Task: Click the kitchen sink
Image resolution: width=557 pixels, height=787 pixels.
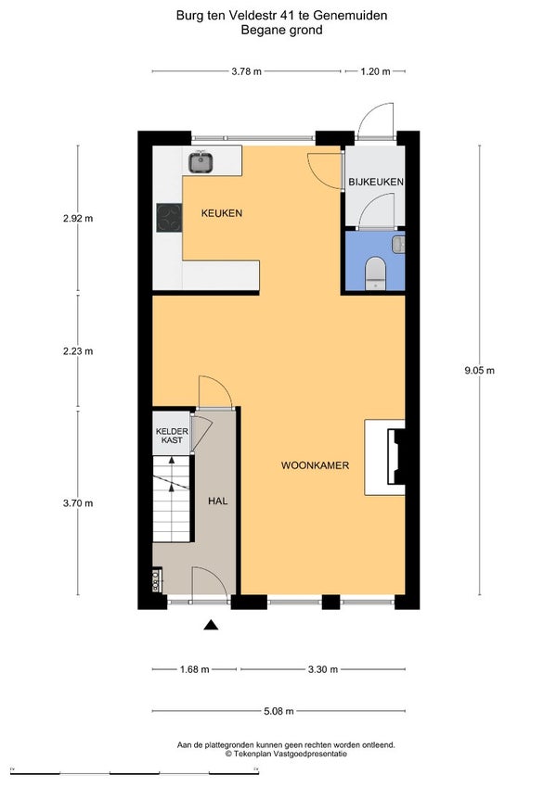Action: pos(201,161)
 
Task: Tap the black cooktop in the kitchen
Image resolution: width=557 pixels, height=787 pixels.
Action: pos(169,217)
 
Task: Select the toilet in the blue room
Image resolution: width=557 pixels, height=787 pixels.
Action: pos(374,273)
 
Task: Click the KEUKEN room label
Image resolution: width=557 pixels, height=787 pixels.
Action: pos(222,213)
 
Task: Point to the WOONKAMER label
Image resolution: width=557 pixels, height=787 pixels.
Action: pos(315,465)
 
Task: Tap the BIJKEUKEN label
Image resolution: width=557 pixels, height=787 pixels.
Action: pos(376,182)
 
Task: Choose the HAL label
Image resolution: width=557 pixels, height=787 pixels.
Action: pos(217,501)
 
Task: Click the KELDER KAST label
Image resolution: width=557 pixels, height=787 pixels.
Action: pos(172,436)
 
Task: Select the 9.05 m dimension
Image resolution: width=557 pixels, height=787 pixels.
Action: pos(480,371)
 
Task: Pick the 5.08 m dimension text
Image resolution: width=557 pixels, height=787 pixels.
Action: pos(279,711)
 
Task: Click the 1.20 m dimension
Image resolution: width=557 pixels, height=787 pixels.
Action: pos(376,71)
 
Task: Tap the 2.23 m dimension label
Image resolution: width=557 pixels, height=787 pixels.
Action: pos(78,351)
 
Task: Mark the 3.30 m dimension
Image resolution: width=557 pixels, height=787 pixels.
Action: pos(323,669)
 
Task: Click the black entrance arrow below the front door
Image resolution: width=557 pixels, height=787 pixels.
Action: pos(211,625)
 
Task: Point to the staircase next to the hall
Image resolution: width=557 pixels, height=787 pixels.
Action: pos(172,499)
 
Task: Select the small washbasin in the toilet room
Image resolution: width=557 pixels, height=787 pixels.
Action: pos(398,244)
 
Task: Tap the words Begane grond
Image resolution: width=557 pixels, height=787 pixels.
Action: pos(281,30)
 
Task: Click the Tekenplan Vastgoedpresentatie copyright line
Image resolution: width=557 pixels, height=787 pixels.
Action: pos(286,754)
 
